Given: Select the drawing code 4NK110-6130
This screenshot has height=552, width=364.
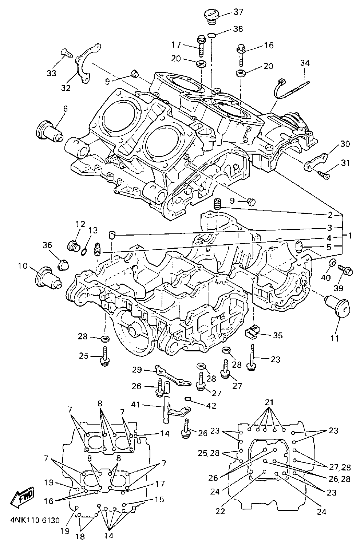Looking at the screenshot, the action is coord(35,520).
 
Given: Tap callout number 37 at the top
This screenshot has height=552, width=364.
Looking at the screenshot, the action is coord(238,12).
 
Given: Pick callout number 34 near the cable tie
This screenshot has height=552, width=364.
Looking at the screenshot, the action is coord(305,63).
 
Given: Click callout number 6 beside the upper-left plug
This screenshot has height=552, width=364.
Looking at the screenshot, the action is coord(65,109).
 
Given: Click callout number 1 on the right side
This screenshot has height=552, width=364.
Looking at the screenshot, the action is coord(350,236).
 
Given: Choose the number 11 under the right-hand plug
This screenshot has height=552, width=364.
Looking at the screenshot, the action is coord(335,338).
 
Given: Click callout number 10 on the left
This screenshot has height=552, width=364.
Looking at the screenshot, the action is coord(23,266).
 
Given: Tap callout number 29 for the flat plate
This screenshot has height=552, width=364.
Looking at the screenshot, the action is coord(137,370).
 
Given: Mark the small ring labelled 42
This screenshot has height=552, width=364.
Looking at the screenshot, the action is coord(188,399).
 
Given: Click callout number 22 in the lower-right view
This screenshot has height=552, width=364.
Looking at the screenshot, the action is coord(220,511).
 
